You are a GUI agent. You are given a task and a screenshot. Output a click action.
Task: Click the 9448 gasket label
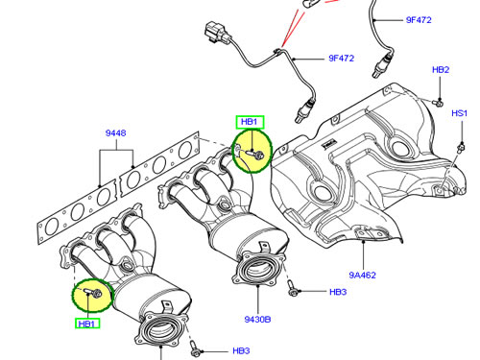115,132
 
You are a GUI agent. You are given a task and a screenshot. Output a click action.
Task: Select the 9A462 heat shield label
362,275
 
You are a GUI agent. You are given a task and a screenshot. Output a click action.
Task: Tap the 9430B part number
257,319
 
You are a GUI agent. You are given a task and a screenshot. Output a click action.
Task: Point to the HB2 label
441,70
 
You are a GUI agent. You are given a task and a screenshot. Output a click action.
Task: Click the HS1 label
459,113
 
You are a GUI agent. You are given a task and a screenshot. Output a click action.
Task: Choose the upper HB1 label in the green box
250,122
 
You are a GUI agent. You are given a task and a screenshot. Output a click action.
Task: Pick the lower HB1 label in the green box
86,324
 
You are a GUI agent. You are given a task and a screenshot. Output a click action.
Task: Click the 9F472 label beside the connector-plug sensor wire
342,59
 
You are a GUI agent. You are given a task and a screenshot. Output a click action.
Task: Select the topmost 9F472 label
419,20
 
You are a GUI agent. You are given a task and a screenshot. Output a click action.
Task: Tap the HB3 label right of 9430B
338,292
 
